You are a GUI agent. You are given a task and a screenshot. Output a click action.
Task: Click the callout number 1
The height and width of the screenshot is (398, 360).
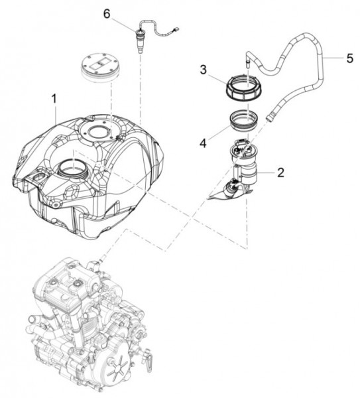[54, 99]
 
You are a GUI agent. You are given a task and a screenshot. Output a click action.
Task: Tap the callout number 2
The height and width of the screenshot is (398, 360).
[280, 173]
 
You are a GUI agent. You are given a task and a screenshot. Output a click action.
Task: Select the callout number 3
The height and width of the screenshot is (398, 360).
[204, 70]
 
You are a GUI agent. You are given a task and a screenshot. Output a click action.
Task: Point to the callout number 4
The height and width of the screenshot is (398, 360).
[203, 144]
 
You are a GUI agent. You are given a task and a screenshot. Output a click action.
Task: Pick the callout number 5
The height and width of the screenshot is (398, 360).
[349, 58]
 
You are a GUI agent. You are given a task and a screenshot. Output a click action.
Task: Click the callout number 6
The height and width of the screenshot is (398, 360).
[107, 14]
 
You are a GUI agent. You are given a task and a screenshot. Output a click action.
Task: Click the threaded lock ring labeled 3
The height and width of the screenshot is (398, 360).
[244, 88]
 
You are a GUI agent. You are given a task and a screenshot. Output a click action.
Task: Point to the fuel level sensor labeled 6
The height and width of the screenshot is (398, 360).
[139, 40]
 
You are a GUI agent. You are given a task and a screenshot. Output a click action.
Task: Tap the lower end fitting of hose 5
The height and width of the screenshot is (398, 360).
[270, 117]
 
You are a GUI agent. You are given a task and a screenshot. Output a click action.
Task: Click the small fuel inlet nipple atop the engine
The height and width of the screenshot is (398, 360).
[101, 262]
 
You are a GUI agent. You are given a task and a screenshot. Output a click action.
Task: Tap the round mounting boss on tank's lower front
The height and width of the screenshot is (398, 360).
[56, 197]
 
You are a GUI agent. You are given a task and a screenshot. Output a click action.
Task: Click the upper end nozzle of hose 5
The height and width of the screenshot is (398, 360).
[248, 63]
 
